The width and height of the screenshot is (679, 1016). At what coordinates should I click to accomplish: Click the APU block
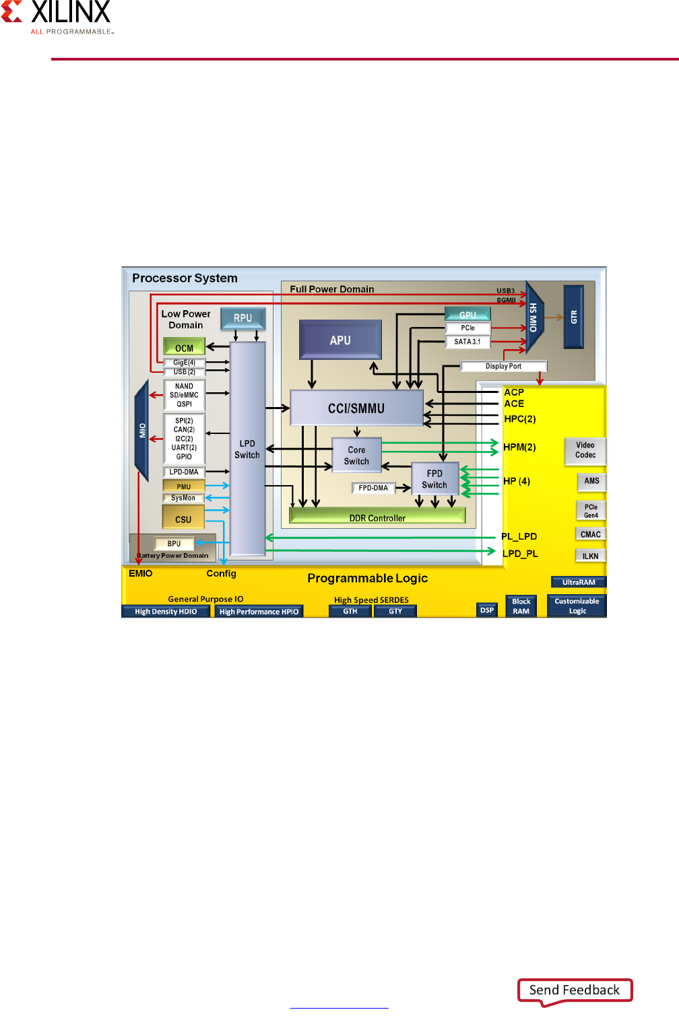click(340, 340)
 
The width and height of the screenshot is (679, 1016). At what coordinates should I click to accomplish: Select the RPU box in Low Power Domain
click(243, 318)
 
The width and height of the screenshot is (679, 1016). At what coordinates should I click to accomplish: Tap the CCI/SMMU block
click(356, 408)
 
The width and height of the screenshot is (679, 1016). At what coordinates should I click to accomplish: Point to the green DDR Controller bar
click(377, 517)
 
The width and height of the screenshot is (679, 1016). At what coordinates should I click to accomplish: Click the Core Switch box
click(356, 456)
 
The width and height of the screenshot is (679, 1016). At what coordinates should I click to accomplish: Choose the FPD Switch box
click(434, 479)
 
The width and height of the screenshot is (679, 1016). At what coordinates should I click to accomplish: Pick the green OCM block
click(184, 347)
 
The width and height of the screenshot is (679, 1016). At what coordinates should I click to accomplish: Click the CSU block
click(183, 518)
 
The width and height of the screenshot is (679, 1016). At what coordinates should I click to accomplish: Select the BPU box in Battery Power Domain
click(174, 544)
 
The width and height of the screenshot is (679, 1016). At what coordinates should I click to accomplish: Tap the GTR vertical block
click(573, 317)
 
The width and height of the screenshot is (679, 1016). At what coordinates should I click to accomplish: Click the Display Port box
click(503, 366)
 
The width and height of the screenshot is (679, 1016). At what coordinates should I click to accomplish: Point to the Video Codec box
click(585, 450)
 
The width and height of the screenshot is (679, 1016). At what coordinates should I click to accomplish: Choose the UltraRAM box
click(579, 582)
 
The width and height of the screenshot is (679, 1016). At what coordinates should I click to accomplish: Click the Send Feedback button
click(575, 990)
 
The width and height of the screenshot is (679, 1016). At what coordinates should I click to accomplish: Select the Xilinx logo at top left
click(57, 17)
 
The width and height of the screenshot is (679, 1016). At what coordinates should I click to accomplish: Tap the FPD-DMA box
click(373, 488)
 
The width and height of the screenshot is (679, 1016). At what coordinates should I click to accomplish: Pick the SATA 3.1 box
click(467, 342)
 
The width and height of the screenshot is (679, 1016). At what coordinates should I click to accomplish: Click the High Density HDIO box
click(166, 612)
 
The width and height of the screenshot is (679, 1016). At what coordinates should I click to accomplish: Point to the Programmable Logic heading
click(367, 578)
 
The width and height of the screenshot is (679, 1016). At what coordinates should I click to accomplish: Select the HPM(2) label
click(519, 447)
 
